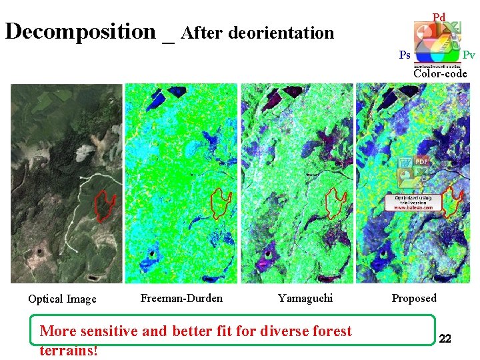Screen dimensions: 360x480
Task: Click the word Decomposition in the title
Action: pos(80,31)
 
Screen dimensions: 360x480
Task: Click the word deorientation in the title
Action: pos(281,33)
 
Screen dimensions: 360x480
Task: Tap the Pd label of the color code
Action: pos(438,17)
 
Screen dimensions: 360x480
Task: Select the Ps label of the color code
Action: pos(405,55)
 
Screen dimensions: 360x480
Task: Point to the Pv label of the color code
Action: pos(469,55)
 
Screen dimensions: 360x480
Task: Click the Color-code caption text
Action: pos(440,73)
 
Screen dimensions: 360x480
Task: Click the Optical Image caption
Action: pos(62,299)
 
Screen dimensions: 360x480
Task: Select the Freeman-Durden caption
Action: pos(181,298)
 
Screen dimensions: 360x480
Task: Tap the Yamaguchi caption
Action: pos(305,298)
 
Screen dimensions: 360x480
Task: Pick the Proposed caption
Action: pos(414,298)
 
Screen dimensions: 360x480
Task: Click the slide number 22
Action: pos(445,340)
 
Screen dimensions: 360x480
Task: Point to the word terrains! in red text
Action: pos(69,351)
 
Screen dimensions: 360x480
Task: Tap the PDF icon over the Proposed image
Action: pos(421,161)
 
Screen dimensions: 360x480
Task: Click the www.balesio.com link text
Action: pos(413,208)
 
